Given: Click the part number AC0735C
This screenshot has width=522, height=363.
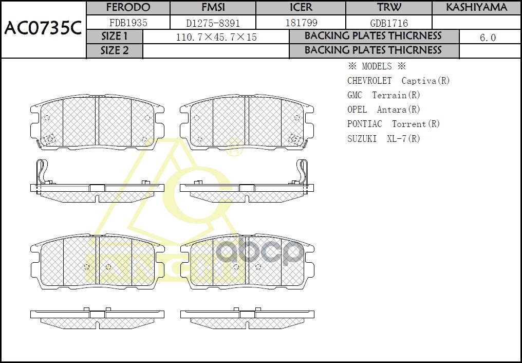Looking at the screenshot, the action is (x=43, y=29).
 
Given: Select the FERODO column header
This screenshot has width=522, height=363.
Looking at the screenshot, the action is (x=128, y=7).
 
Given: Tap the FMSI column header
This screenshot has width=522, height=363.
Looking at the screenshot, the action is (x=213, y=7).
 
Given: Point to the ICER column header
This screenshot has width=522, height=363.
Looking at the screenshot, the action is (x=301, y=7).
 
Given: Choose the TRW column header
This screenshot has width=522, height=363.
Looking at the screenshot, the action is (x=389, y=7).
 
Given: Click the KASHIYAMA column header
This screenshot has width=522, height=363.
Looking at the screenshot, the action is (x=477, y=7).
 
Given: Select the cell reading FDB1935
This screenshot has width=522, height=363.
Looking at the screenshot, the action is (x=128, y=23).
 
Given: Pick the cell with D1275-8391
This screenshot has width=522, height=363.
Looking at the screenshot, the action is (x=213, y=23).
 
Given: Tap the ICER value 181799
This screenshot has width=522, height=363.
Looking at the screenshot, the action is (x=301, y=23).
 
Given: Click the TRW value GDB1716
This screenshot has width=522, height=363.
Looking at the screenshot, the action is (x=389, y=23).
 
